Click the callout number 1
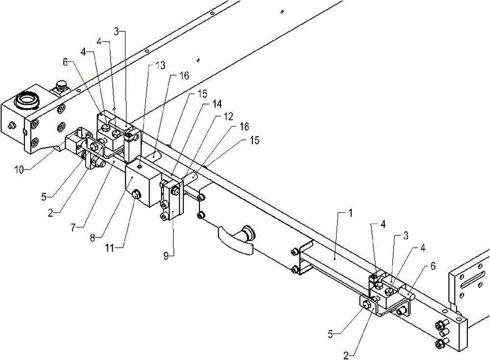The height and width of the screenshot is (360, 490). click(x=350, y=214)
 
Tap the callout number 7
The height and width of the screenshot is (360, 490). click(x=73, y=228)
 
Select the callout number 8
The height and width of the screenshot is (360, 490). click(x=93, y=238)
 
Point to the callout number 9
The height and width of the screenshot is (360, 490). click(x=166, y=256)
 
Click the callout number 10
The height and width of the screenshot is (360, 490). click(x=20, y=170)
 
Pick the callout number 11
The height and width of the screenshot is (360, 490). click(x=109, y=248)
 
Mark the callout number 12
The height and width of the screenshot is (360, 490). click(x=228, y=116)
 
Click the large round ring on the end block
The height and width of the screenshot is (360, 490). click(x=27, y=100)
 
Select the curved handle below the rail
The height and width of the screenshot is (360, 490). click(x=236, y=241)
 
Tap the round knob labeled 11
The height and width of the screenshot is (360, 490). click(x=136, y=195)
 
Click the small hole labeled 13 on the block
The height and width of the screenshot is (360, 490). click(x=140, y=167)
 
